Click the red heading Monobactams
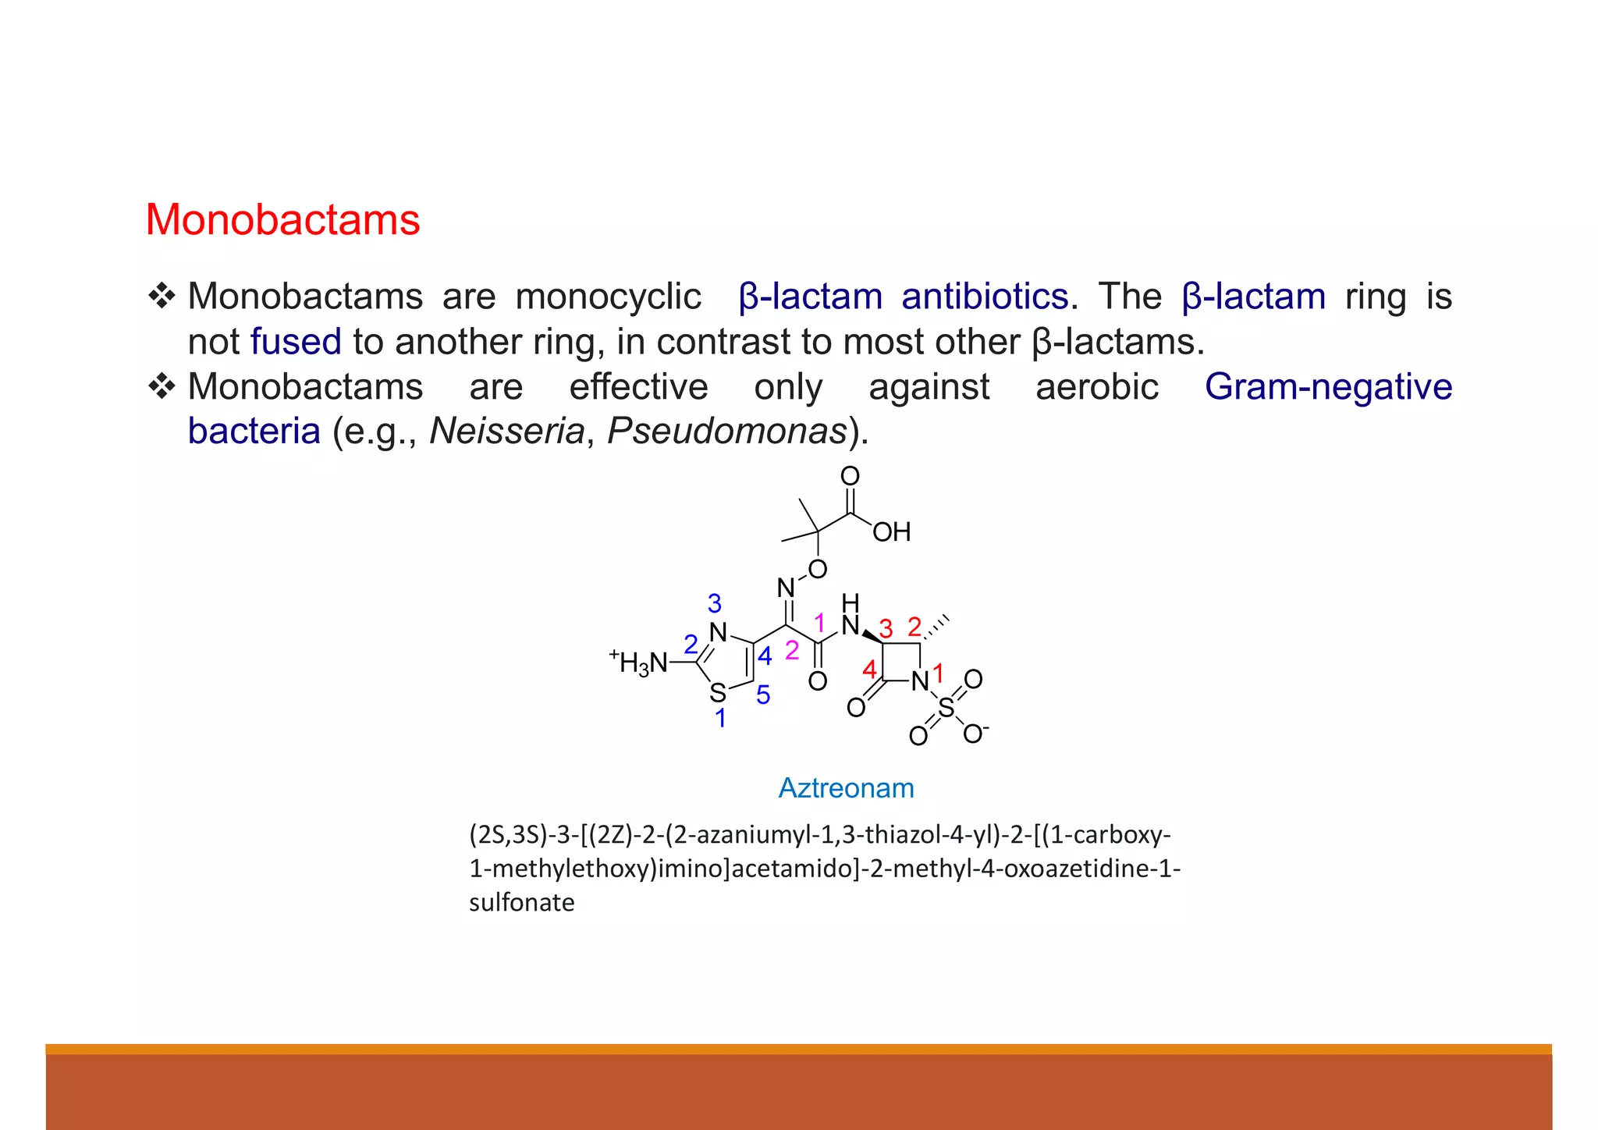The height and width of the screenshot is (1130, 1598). [x=282, y=220]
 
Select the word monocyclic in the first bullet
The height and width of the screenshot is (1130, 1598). [x=608, y=297]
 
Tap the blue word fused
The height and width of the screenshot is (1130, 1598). [x=296, y=342]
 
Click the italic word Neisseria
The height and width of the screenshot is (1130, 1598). [x=506, y=431]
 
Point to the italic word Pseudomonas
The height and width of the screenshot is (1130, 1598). [x=726, y=431]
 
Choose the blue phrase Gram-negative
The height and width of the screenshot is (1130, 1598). [x=1328, y=387]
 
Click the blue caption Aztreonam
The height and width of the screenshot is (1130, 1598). [x=846, y=788]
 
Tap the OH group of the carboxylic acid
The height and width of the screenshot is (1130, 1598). [x=891, y=532]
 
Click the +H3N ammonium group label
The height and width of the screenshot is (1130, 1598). [x=639, y=663]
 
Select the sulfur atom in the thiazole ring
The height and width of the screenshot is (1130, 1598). [x=718, y=692]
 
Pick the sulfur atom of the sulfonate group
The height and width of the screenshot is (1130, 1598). [x=946, y=708]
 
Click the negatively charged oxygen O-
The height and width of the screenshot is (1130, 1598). [x=974, y=734]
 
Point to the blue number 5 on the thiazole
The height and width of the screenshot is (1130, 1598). [x=763, y=695]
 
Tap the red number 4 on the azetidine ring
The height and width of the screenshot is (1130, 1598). [x=869, y=670]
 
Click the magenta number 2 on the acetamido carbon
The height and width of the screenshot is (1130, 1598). [x=792, y=650]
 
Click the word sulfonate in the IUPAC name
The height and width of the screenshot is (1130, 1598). [x=521, y=902]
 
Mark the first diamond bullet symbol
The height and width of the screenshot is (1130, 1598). [x=162, y=297]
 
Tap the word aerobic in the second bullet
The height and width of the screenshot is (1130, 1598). [x=1096, y=387]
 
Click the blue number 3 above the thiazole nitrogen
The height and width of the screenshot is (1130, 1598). [x=714, y=603]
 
